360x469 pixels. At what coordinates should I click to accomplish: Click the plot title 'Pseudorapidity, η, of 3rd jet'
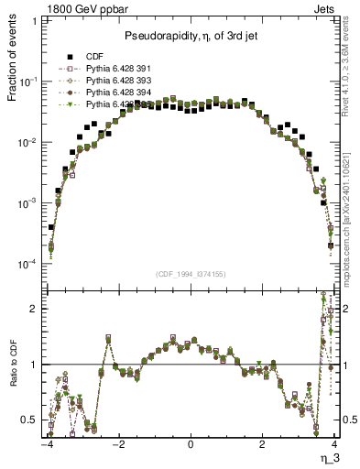190,36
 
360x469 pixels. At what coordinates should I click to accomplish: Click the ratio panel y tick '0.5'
31,420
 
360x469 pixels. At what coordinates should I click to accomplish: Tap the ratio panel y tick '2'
35,309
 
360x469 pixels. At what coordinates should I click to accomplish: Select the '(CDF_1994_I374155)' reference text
190,274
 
